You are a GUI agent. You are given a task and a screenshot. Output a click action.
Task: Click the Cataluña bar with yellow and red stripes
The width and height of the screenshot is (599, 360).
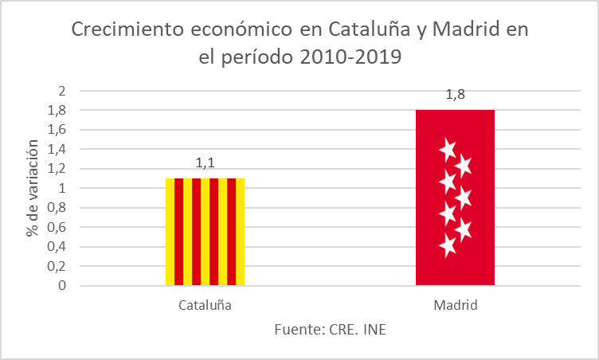click(205, 231)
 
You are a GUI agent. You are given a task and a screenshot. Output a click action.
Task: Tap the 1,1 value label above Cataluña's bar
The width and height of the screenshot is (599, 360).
click(206, 163)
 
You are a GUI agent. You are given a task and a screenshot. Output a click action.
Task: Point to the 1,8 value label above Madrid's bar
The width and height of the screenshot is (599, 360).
click(455, 95)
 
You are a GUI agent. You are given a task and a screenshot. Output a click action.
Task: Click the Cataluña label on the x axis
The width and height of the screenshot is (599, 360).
click(205, 305)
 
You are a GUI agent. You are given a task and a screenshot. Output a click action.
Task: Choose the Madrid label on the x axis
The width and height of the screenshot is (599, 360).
click(455, 305)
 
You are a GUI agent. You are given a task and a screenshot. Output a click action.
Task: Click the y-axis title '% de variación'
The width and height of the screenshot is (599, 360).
click(33, 188)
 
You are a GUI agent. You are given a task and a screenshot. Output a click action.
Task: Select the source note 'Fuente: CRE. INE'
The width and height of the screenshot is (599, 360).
click(330, 330)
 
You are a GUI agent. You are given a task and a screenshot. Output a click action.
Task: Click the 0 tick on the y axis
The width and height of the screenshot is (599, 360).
click(61, 285)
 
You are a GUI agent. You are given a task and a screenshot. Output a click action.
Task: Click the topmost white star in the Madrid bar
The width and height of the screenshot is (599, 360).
click(447, 149)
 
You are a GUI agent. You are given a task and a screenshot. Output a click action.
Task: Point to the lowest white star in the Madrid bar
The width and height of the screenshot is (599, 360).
click(448, 246)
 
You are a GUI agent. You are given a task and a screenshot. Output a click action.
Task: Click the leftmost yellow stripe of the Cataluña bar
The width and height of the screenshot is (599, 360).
click(170, 231)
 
